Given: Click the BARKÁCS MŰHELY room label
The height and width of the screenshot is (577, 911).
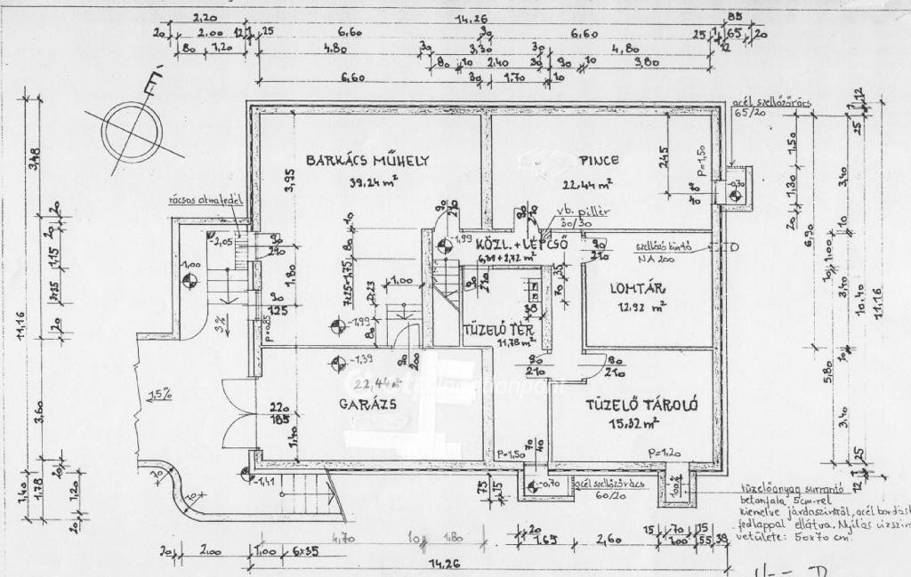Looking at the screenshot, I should click(367, 161).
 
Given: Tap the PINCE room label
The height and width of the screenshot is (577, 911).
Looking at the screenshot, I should click(599, 161).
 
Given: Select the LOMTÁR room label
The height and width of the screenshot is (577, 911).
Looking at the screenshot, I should click(638, 288).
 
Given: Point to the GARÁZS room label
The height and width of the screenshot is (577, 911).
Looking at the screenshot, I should click(367, 403).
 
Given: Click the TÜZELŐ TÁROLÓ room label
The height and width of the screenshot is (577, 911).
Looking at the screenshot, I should click(641, 405).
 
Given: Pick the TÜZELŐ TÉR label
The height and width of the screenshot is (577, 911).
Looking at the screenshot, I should click(498, 330).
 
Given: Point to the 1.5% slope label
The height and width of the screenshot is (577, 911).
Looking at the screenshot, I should click(161, 394).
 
